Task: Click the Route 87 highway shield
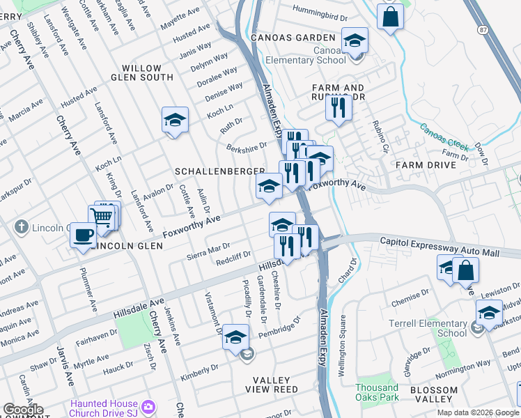click(x=483, y=30)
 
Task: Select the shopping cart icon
click(x=102, y=217)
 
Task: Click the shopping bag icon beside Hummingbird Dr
click(x=390, y=16)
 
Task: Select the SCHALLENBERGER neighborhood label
click(x=219, y=171)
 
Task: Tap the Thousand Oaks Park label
click(x=378, y=393)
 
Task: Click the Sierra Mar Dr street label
click(x=208, y=249)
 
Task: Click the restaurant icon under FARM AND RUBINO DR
click(x=339, y=108)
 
